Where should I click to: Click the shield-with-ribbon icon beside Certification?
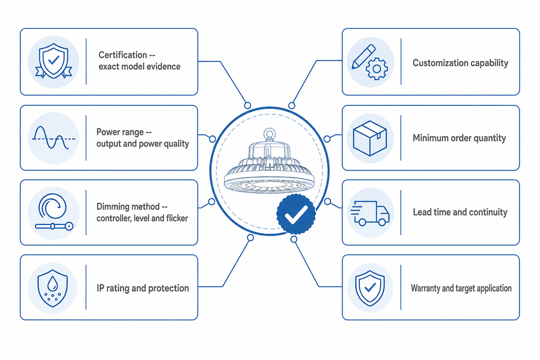(x=54, y=61)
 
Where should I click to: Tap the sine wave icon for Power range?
(x=54, y=138)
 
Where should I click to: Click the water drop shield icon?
(x=53, y=288)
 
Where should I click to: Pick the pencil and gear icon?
(x=369, y=62)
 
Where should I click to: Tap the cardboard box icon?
(x=370, y=138)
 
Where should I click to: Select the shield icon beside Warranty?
(x=370, y=288)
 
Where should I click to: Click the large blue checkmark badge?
(x=296, y=214)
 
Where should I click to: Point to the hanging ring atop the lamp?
(x=270, y=134)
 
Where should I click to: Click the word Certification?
(x=123, y=55)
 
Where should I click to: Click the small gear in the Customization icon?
(x=377, y=69)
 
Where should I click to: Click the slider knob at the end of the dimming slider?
(x=69, y=226)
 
